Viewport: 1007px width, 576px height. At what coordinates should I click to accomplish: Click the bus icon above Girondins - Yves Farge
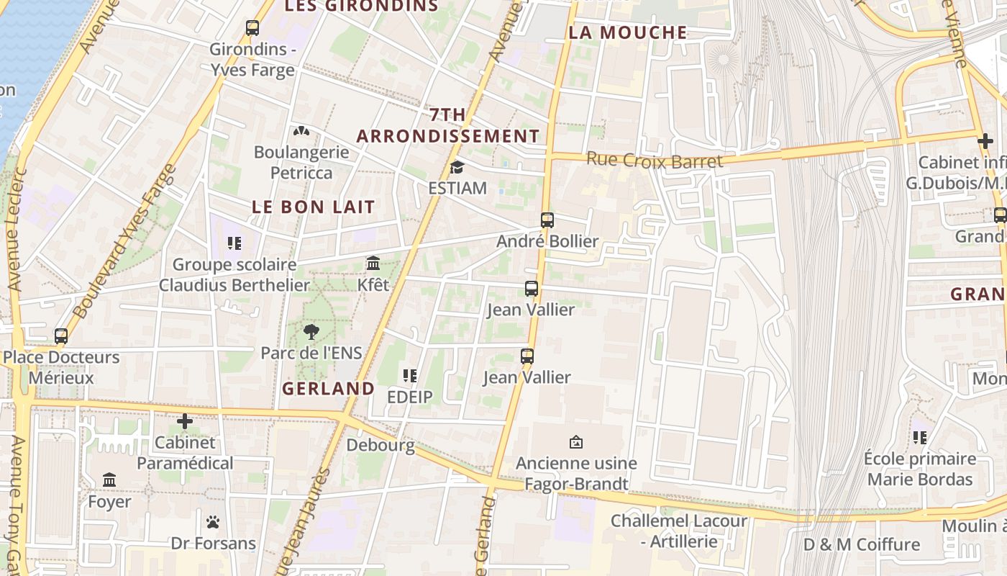(252, 28)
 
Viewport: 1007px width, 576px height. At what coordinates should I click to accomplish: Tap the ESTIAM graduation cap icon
(457, 168)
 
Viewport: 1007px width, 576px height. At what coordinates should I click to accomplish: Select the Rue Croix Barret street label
(655, 160)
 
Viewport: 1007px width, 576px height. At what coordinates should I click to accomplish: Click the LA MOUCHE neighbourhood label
(628, 32)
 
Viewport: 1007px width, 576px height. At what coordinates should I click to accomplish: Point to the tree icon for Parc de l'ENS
(311, 332)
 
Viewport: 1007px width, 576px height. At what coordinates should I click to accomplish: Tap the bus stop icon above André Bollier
(547, 220)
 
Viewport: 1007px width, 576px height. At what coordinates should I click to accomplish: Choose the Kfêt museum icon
(373, 264)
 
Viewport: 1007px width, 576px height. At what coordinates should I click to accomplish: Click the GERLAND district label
(328, 389)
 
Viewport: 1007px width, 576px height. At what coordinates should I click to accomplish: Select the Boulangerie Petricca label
(301, 163)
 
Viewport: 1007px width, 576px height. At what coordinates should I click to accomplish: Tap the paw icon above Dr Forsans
(213, 522)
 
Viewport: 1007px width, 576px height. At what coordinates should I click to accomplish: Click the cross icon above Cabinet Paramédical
(185, 421)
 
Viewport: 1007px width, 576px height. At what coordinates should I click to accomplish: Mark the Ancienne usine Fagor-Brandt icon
(576, 442)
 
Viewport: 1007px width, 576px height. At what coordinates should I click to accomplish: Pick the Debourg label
(381, 445)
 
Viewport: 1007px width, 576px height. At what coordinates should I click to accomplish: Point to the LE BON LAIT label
(314, 207)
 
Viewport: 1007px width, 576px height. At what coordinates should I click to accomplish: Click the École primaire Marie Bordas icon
(919, 438)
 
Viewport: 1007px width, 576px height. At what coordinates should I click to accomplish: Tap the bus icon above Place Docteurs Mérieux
(61, 336)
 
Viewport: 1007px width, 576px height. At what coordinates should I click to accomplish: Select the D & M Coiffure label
(862, 544)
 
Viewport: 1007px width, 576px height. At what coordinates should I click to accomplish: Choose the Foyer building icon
(109, 480)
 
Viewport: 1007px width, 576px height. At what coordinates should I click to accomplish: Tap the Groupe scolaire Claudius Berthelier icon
(234, 243)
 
